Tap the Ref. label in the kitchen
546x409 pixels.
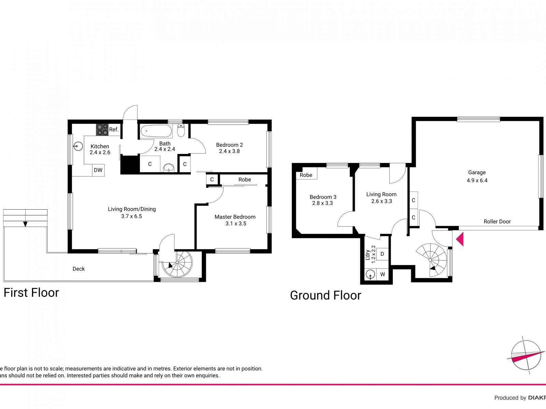point(114,130)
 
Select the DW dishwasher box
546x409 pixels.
point(98,170)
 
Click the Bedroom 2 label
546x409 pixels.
point(229,145)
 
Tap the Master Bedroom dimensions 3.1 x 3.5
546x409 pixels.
point(235,224)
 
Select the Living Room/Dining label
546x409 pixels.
point(132,209)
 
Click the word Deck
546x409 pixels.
point(78,269)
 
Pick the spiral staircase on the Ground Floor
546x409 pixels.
point(431,259)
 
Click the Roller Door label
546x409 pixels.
point(497,222)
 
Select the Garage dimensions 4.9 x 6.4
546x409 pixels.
point(477,181)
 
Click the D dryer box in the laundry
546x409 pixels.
point(382,254)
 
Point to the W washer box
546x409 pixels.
point(383,274)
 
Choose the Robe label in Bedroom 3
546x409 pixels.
point(306,175)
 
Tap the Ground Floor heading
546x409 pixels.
point(325,295)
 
